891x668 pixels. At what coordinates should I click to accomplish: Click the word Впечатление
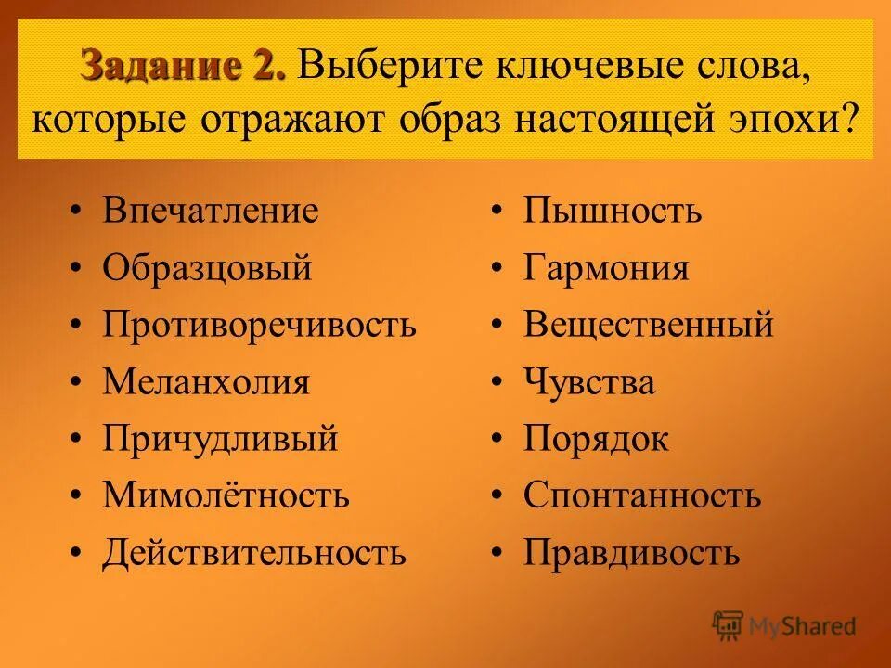click(211, 211)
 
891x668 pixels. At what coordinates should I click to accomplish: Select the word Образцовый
click(207, 268)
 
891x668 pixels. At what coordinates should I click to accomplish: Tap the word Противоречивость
click(259, 325)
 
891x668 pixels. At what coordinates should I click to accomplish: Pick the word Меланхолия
click(206, 382)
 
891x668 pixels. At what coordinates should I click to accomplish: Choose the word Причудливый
click(220, 439)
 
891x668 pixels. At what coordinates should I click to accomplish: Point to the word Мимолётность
click(226, 495)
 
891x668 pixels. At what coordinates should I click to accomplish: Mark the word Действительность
click(254, 553)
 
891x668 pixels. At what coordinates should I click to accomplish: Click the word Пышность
click(613, 211)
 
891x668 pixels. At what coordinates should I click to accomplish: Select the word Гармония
click(606, 268)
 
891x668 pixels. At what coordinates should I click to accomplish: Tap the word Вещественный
click(648, 325)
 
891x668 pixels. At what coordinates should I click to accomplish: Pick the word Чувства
click(589, 382)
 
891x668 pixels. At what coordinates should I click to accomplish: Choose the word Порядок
click(596, 439)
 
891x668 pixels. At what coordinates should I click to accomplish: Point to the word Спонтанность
click(642, 495)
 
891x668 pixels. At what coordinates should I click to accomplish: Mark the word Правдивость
click(631, 553)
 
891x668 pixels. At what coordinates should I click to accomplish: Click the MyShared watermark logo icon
click(729, 625)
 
